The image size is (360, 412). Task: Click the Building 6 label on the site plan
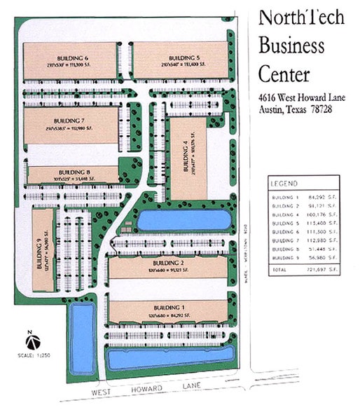[72, 57]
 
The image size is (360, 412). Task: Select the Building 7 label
[72, 122]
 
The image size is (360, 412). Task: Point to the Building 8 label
[74, 172]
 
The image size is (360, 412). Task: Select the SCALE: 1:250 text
[31, 355]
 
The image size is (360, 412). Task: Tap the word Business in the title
[291, 46]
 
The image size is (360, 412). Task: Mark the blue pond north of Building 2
[184, 221]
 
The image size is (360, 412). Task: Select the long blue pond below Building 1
[169, 359]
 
